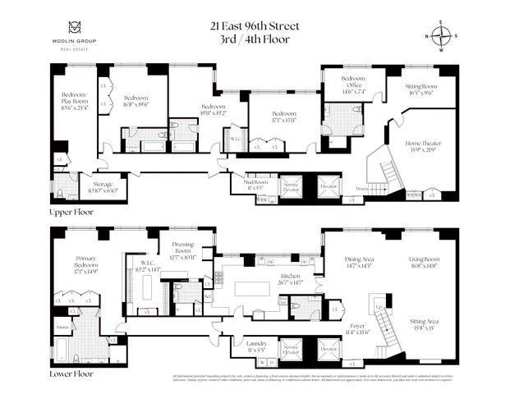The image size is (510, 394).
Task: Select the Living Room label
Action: [426, 263]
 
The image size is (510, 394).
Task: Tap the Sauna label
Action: [62, 327]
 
